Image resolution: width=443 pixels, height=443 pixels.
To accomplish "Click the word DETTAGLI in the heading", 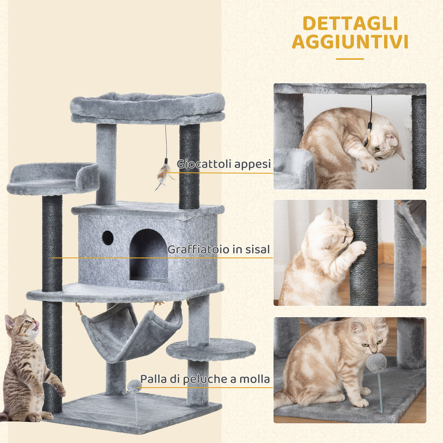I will point(350,23).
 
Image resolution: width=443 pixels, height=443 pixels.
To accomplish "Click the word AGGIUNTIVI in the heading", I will point(350,42).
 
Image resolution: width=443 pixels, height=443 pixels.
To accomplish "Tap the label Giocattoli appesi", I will point(224,164).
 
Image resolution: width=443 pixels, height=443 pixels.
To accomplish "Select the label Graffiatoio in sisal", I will point(218,250).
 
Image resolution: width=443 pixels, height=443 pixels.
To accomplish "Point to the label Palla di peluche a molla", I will point(205,379).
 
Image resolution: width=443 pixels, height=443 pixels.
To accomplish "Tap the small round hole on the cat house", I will point(108,238).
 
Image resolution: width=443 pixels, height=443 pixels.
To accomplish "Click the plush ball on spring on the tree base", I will point(134,386).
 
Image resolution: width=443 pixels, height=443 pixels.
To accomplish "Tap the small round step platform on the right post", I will point(211,349).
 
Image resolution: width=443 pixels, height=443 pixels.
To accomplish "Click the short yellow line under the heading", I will point(350,59).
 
